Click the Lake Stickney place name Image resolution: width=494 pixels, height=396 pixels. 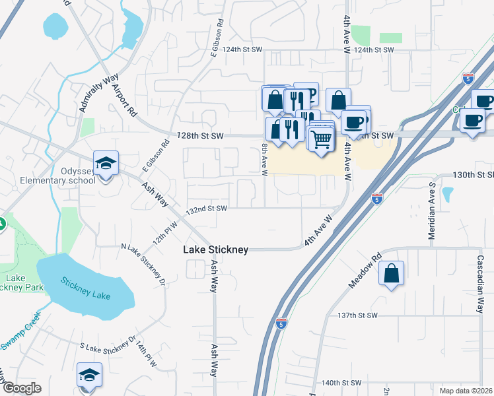coord(215,249)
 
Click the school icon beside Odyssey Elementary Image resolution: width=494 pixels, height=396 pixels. coord(106,163)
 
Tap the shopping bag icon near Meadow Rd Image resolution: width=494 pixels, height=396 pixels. coord(391,273)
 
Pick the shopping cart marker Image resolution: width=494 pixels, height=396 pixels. coord(321,139)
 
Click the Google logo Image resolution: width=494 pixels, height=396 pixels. coord(21,388)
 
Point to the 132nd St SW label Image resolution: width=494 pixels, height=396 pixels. coord(207,209)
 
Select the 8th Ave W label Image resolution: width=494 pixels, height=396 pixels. coord(264,159)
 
